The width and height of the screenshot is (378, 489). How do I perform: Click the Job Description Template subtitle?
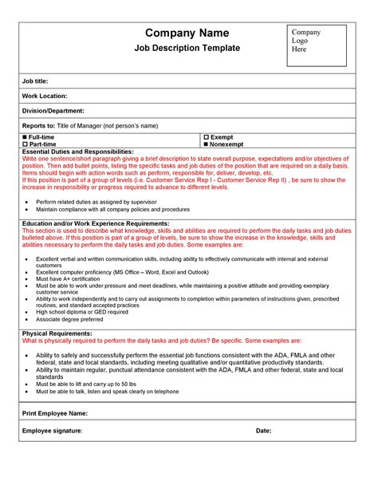click(x=186, y=48)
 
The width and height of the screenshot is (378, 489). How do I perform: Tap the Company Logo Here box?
click(x=317, y=45)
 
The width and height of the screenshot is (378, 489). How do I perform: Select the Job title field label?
click(x=37, y=82)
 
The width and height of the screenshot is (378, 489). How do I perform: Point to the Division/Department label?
click(x=53, y=111)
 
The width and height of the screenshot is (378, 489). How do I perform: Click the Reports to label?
click(x=39, y=125)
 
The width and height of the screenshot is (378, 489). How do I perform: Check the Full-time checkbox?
click(x=26, y=137)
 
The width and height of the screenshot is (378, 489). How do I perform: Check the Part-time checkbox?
click(x=26, y=144)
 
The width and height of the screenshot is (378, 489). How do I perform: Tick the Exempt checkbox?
click(x=207, y=137)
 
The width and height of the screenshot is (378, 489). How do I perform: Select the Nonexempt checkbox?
click(x=207, y=144)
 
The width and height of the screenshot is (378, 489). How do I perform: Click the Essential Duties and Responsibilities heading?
click(x=78, y=152)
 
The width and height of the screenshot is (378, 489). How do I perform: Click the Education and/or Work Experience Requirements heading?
click(x=96, y=224)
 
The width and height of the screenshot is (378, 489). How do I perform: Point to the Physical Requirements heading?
click(x=57, y=333)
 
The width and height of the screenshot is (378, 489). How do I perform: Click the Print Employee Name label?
click(x=55, y=414)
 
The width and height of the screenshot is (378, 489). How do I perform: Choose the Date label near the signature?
click(x=264, y=431)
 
